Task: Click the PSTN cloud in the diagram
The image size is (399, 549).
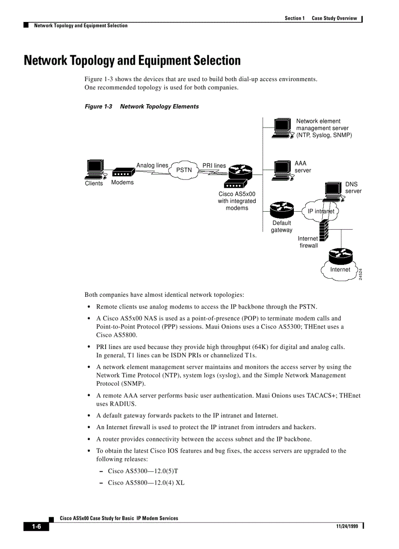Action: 184,170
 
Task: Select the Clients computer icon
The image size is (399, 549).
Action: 94,169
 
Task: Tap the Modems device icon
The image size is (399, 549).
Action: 123,173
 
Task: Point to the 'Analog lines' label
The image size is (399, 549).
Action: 152,165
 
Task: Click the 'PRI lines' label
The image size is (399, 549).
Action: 214,166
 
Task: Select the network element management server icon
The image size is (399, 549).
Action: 283,128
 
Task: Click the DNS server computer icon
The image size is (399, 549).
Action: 333,191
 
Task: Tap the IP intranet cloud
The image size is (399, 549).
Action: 320,211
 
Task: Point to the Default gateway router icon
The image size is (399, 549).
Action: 281,210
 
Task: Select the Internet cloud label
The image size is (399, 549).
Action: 340,269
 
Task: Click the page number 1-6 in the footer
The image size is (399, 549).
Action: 37,527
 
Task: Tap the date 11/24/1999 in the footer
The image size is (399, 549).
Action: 347,526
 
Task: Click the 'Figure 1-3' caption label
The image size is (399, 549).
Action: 98,107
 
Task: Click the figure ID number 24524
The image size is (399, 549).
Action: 360,274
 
